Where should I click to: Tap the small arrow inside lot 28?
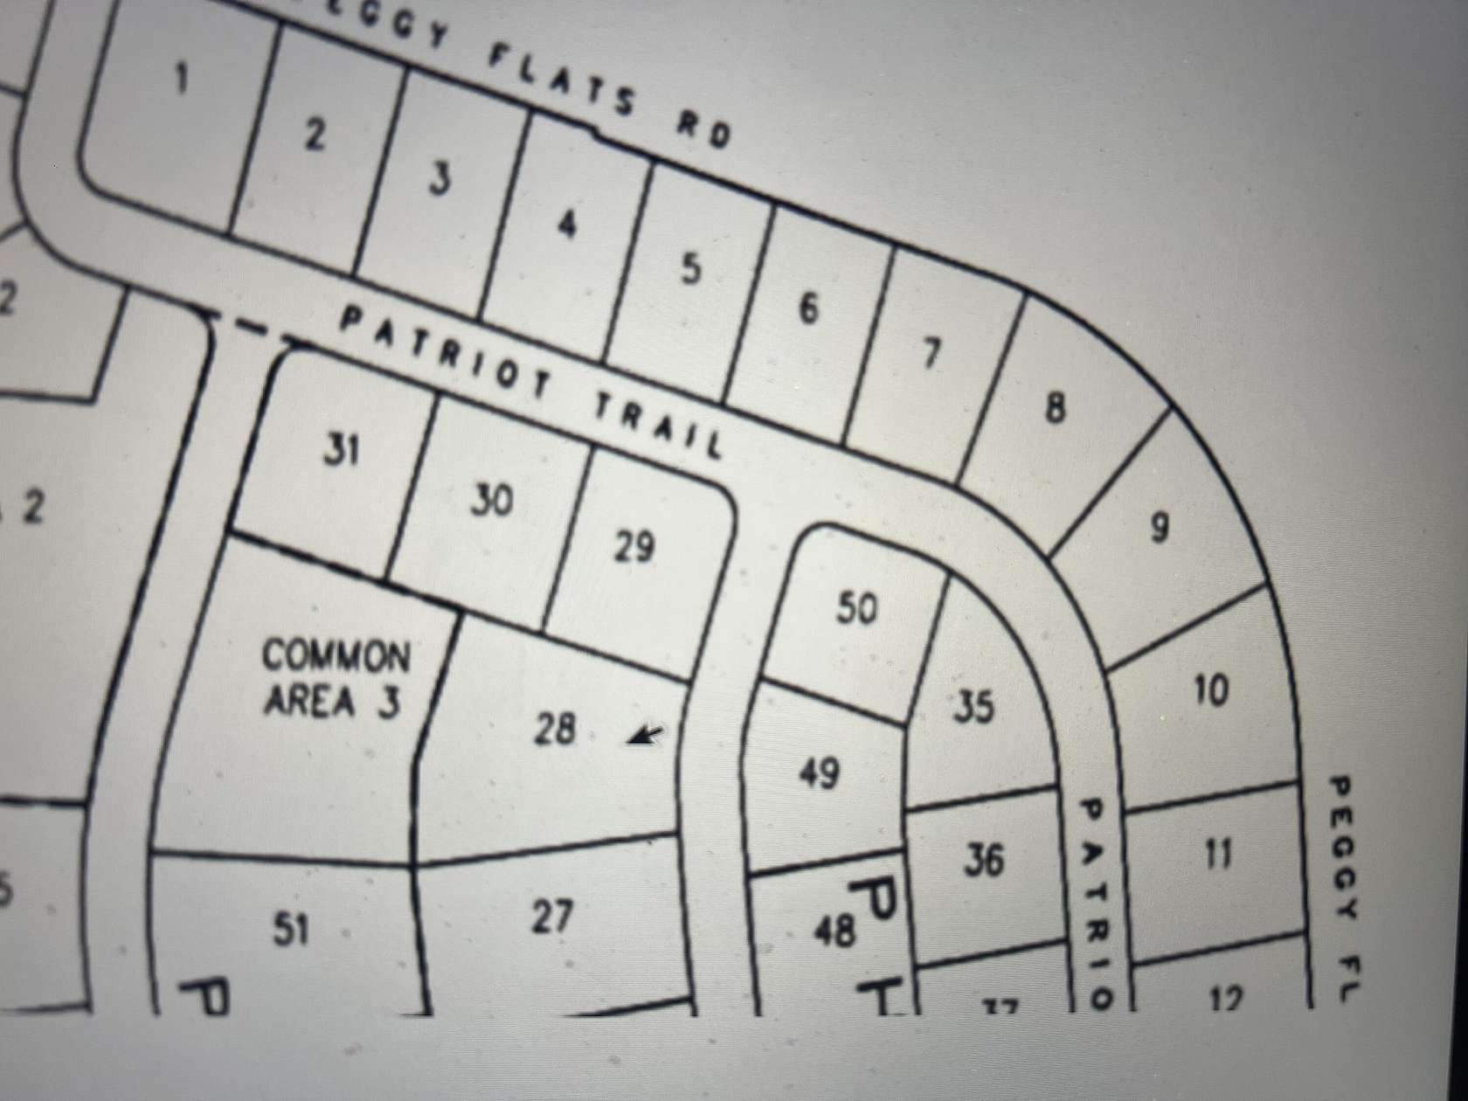[x=645, y=737]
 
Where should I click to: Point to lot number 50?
[x=855, y=607]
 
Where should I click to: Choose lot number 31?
[x=341, y=451]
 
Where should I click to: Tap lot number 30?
[x=491, y=501]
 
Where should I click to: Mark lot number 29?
[x=634, y=547]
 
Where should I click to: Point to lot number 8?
[x=1056, y=407]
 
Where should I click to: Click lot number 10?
[x=1211, y=689]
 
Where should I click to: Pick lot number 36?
[x=984, y=860]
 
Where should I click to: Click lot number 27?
[x=552, y=917]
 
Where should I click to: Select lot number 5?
[x=690, y=268]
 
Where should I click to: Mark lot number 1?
[x=181, y=80]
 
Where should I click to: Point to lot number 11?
[x=1218, y=852]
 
